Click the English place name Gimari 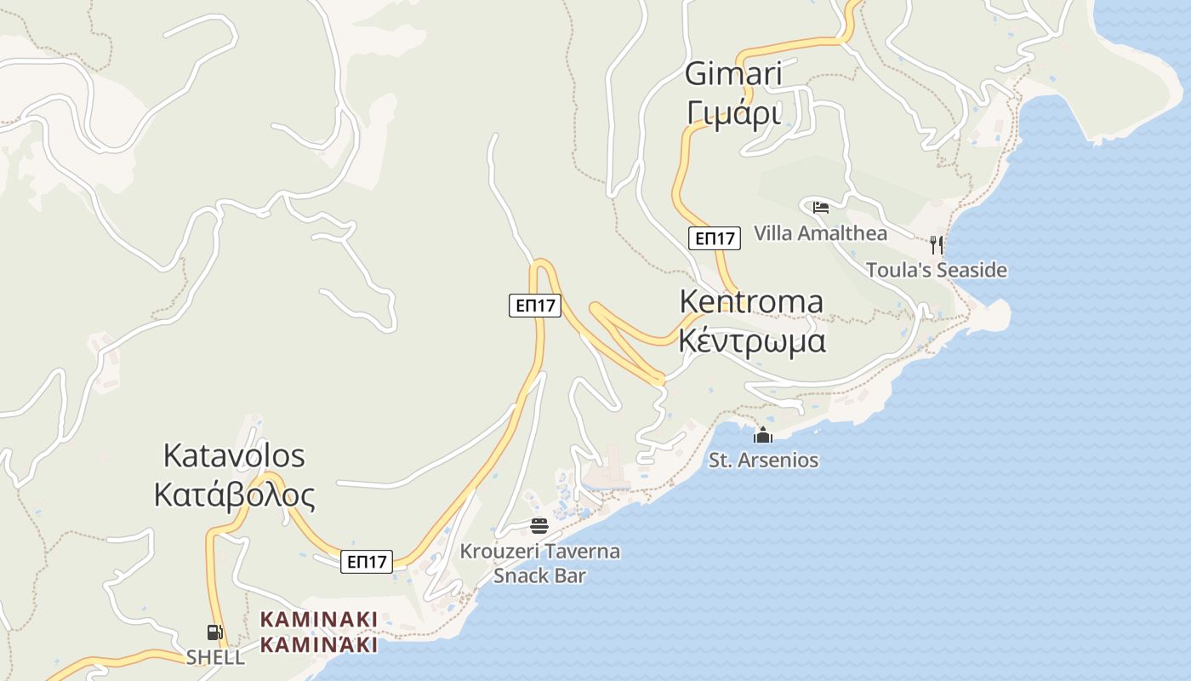[733, 75]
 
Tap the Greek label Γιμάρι [733, 112]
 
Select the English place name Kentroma [752, 302]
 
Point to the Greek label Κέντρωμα [752, 340]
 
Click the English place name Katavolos [234, 456]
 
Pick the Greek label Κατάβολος [234, 495]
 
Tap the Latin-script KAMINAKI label [318, 619]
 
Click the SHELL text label [215, 657]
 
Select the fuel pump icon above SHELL [215, 632]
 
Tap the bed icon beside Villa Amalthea [820, 207]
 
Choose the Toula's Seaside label [936, 271]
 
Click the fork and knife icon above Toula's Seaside [936, 245]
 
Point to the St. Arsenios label [764, 461]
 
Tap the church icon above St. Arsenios [763, 436]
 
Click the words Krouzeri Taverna [540, 552]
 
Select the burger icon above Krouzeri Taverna [539, 525]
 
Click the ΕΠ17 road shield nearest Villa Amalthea [715, 238]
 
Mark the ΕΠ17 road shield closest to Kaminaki [367, 562]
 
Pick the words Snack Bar [540, 576]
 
